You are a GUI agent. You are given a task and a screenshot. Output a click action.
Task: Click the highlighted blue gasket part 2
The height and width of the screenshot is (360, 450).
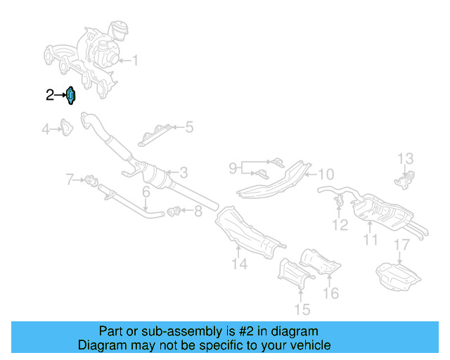pyautogui.click(x=70, y=95)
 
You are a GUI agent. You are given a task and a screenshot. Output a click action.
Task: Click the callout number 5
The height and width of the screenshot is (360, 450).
pyautogui.click(x=189, y=127)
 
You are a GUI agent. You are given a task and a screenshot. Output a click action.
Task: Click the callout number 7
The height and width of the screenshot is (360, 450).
pyautogui.click(x=70, y=180)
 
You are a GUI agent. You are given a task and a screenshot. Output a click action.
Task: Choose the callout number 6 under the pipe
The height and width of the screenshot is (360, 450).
pyautogui.click(x=146, y=192)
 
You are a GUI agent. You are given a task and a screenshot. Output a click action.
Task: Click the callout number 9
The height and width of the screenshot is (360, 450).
pyautogui.click(x=233, y=168)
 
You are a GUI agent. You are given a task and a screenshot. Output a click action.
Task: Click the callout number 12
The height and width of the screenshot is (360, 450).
pyautogui.click(x=340, y=225)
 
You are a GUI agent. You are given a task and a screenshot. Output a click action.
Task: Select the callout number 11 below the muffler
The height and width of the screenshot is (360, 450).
pyautogui.click(x=371, y=240)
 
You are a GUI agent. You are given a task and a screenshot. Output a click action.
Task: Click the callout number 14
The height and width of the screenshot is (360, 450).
pyautogui.click(x=240, y=264)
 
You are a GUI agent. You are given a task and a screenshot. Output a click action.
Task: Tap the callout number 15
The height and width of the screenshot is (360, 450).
pyautogui.click(x=302, y=308)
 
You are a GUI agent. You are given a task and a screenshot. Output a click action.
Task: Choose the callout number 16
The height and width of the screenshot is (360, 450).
pyautogui.click(x=330, y=292)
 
